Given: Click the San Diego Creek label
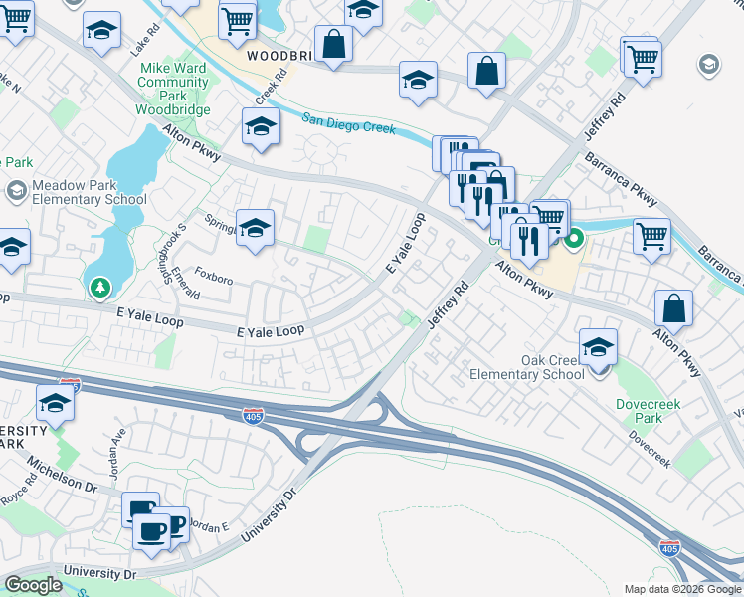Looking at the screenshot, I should [349, 123].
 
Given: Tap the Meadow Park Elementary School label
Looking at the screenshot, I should [90, 193].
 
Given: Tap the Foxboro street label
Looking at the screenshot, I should [213, 275].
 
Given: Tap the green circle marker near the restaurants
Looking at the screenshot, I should [574, 240].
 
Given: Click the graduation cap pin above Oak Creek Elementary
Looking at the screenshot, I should [598, 347].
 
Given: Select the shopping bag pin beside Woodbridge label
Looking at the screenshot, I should [333, 44].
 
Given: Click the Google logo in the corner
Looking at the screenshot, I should [33, 585].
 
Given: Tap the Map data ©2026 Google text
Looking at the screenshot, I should [681, 589].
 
